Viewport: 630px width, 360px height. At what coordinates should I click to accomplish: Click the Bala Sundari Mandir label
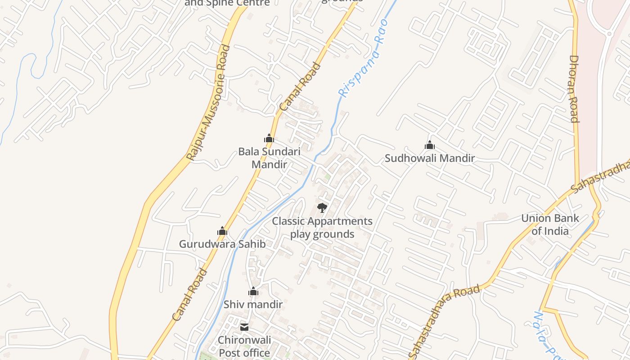pos(269,158)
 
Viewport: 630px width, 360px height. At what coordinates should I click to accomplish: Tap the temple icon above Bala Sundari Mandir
pos(269,139)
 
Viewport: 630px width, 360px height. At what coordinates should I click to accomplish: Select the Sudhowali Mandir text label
pos(430,158)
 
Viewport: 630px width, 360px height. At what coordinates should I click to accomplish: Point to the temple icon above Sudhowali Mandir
pos(430,145)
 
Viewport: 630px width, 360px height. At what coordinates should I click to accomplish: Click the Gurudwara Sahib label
pos(222,244)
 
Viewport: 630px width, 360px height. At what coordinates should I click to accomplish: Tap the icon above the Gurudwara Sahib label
pos(222,231)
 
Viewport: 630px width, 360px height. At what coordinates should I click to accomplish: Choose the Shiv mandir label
pos(253,304)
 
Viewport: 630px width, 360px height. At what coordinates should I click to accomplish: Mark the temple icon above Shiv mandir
pos(253,292)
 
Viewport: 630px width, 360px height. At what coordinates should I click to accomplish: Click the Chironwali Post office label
pos(244,346)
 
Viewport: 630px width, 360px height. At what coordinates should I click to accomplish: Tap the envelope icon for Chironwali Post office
pos(244,327)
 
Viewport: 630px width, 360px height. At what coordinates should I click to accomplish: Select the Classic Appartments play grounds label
pos(322,228)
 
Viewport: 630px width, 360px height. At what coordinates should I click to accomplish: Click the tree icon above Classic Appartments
pos(322,208)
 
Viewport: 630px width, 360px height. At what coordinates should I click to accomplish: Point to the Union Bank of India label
pos(550,225)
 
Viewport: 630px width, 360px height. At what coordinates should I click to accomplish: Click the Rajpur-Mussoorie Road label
pos(208,103)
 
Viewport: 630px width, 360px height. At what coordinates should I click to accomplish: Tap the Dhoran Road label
pos(573,89)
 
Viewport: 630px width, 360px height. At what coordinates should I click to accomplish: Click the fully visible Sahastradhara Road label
pos(445,319)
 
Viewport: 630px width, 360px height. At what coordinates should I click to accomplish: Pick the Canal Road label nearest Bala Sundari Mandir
pos(300,87)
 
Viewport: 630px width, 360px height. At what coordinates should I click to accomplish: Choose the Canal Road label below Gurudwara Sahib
pos(190,295)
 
